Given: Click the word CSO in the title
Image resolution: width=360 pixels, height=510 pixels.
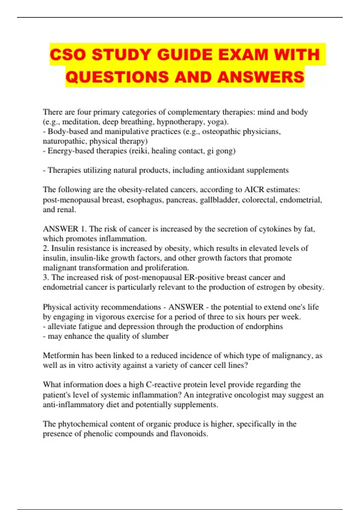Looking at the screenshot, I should pyautogui.click(x=68, y=55).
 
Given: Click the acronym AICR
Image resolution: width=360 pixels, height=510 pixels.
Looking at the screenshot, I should pyautogui.click(x=254, y=190).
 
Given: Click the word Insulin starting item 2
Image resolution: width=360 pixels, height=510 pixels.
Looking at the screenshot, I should pyautogui.click(x=62, y=248).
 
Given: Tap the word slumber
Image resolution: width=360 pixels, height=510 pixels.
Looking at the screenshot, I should pyautogui.click(x=155, y=336).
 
